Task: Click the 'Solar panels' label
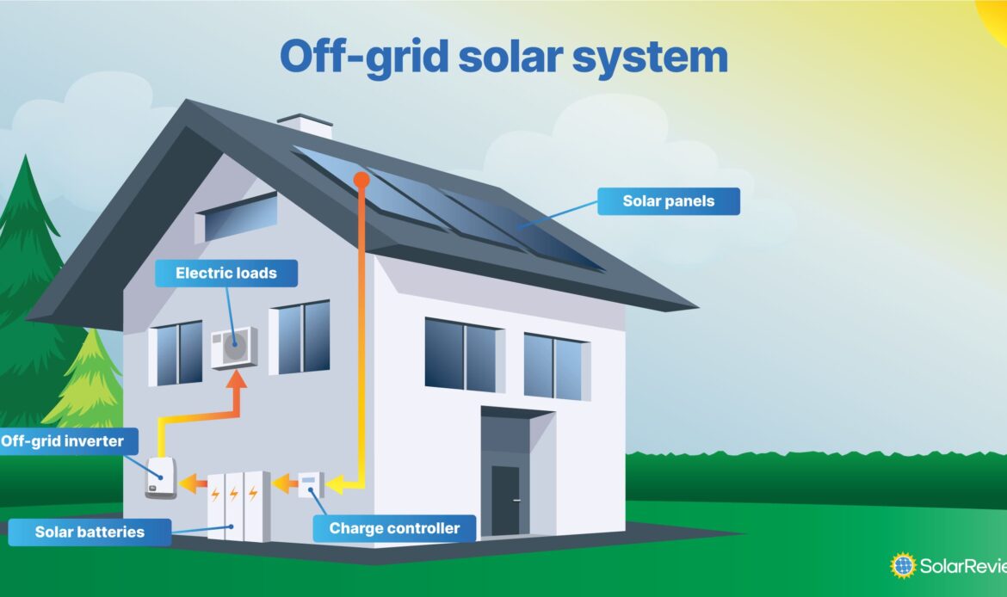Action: click(669, 202)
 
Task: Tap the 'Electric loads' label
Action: click(226, 274)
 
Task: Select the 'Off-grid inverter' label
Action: click(62, 442)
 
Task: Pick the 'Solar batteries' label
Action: click(90, 532)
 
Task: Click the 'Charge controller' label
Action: click(394, 528)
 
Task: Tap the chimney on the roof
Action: click(305, 126)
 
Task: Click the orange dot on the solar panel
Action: click(361, 179)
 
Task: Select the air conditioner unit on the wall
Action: click(233, 347)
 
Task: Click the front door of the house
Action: click(505, 501)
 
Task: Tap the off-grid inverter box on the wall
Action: click(161, 477)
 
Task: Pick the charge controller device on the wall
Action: click(310, 484)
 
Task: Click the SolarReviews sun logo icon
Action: click(903, 565)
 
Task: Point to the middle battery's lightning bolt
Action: click(233, 495)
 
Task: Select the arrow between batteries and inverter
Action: click(194, 484)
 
